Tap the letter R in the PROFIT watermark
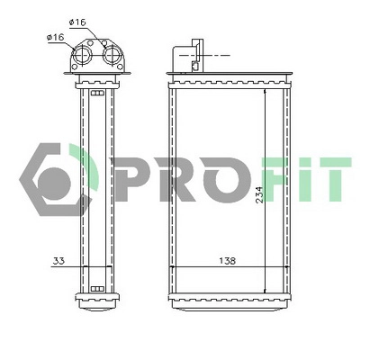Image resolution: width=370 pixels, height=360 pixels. pyautogui.click(x=164, y=178)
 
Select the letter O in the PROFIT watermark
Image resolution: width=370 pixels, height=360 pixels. pyautogui.click(x=215, y=178)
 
